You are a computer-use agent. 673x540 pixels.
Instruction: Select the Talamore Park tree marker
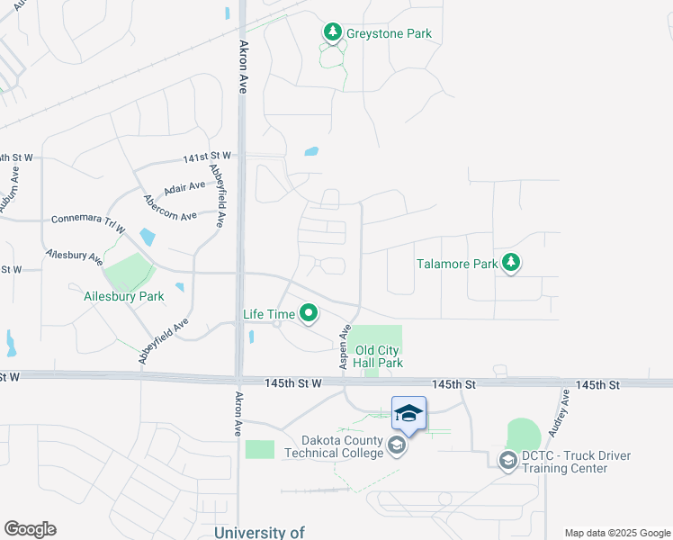[x=512, y=264]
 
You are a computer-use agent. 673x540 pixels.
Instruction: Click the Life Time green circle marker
[x=309, y=314]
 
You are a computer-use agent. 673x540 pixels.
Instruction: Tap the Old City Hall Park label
[x=379, y=356]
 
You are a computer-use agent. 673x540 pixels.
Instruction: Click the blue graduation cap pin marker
[x=408, y=414]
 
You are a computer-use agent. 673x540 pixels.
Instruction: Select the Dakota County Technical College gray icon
[x=396, y=445]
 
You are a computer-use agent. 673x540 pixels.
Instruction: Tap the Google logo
[x=30, y=529]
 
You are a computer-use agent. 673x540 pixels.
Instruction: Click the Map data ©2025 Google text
[x=616, y=533]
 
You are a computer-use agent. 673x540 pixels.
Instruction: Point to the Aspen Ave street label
[x=344, y=347]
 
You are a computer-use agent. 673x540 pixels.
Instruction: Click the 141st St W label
[x=207, y=157]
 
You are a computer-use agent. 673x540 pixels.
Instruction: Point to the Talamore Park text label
[x=457, y=265]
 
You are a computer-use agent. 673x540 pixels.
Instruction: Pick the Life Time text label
[x=269, y=314]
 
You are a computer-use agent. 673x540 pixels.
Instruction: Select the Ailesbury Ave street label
[x=76, y=256]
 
